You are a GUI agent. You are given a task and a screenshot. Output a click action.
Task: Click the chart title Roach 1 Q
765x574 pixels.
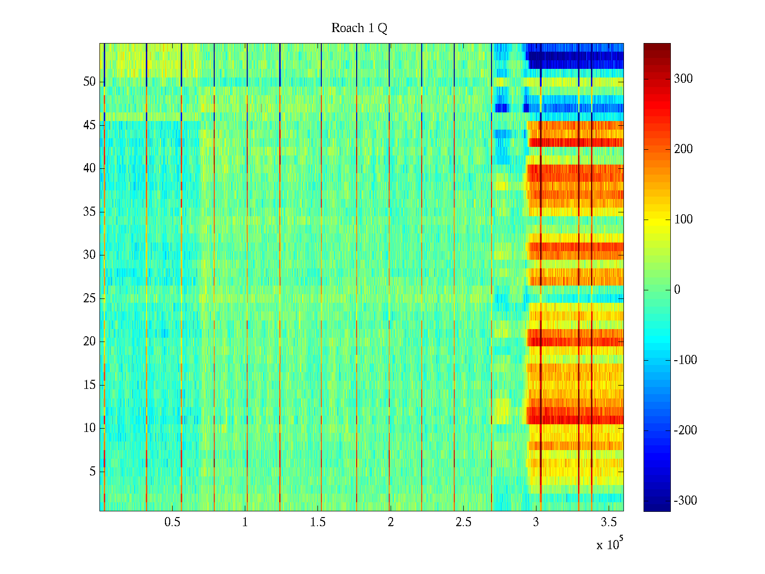coord(359,28)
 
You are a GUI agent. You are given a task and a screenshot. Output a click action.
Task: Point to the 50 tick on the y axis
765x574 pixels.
coord(89,82)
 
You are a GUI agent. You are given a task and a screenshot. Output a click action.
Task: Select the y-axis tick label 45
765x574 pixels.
coord(89,125)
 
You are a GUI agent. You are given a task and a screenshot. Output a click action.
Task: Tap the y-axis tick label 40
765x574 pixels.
coord(89,168)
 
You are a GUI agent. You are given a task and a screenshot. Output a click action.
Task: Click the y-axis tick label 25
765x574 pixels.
coord(89,298)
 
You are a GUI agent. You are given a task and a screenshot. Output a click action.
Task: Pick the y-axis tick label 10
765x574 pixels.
coord(89,428)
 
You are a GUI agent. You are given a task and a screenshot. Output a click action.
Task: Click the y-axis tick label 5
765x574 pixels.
coord(92,472)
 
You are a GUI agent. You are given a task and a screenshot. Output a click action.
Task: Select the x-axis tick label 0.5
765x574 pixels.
coord(173,522)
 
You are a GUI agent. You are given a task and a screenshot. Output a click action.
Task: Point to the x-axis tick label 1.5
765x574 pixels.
coord(318,522)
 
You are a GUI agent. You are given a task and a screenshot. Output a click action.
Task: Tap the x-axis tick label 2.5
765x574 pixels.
coord(463,522)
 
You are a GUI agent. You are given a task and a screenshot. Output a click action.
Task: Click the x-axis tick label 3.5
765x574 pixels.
coord(609,522)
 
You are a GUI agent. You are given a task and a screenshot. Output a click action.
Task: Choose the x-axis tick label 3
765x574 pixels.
coord(536,522)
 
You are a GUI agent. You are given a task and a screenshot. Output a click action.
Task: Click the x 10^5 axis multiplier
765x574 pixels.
coord(610,544)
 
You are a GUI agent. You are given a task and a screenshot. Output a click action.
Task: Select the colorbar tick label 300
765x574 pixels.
coord(683,79)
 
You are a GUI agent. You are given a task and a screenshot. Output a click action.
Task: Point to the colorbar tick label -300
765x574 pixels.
coord(685,501)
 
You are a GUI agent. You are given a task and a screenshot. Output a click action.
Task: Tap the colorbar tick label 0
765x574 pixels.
coord(677,290)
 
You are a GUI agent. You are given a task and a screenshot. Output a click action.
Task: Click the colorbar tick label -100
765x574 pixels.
coord(685,360)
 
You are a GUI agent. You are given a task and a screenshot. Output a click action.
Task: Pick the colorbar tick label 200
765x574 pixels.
coord(683,149)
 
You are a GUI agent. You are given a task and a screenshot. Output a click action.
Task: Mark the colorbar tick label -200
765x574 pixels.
coord(685,430)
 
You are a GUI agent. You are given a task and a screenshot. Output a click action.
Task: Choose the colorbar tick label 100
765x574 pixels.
coord(683,220)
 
